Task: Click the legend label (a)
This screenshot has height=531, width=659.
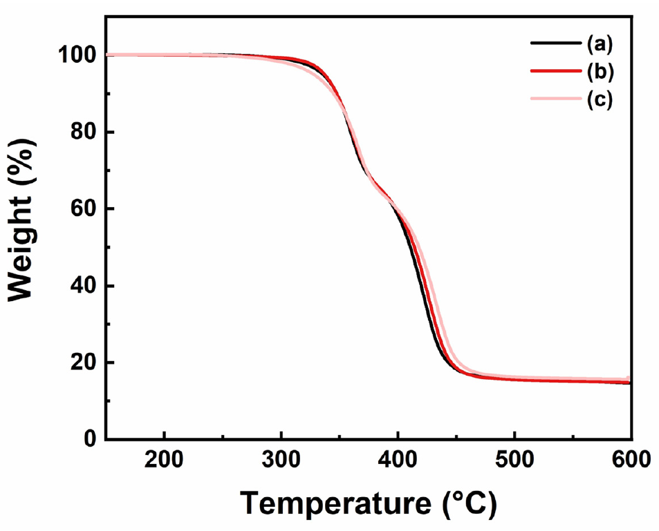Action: (600, 45)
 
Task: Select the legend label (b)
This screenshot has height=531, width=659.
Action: (600, 71)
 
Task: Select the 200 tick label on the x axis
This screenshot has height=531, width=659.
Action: (164, 459)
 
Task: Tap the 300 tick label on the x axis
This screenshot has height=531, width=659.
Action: (281, 459)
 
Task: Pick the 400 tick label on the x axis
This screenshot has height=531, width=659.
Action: (398, 459)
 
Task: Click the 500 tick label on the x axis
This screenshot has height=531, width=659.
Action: (514, 459)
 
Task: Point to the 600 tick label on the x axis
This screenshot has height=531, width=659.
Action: (630, 459)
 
